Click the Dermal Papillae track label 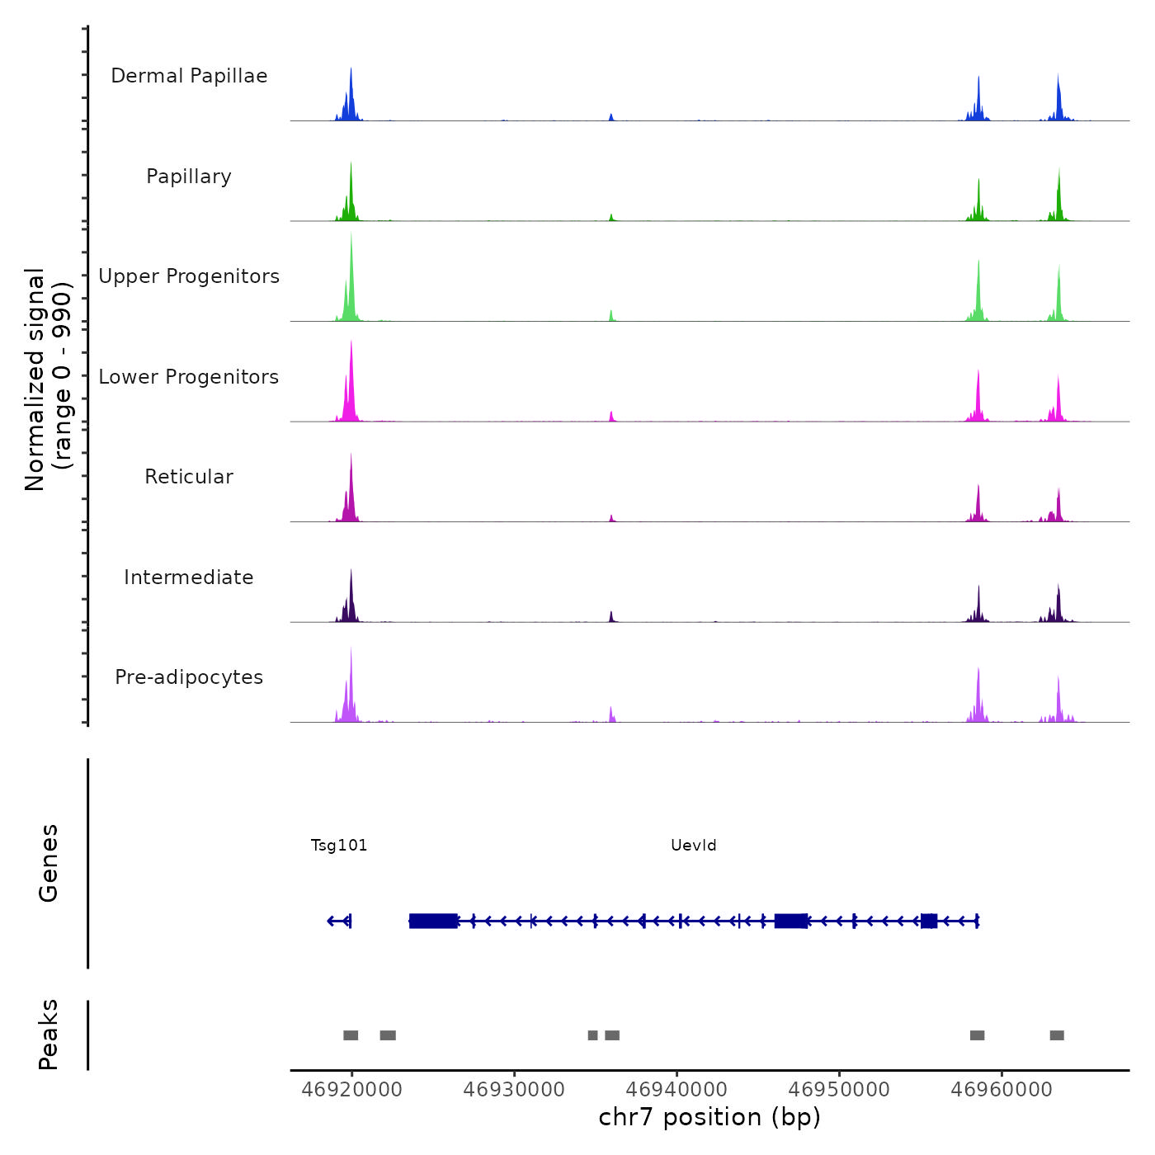[189, 76]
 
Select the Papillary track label [189, 177]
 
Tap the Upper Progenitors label [189, 276]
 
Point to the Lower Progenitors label [189, 377]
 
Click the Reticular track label [189, 477]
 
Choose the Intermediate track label [189, 577]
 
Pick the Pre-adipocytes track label [189, 677]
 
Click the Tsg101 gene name [339, 846]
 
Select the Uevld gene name [694, 846]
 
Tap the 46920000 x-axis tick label [351, 1090]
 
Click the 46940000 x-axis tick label [676, 1090]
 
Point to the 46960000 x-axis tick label [1002, 1090]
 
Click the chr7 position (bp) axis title [709, 1118]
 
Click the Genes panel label [49, 863]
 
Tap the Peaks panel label [49, 1035]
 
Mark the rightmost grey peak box [1057, 1035]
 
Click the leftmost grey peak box [351, 1035]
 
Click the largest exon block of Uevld [433, 921]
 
